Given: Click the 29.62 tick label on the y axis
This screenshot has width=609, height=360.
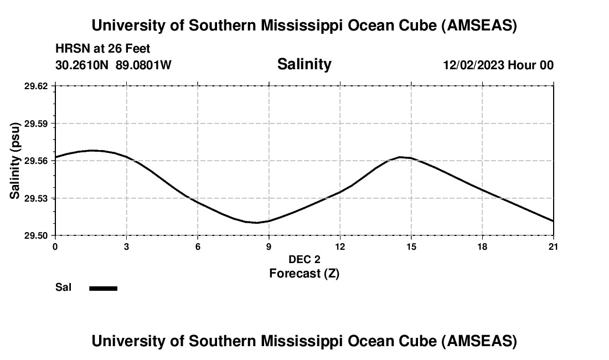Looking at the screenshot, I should [36, 86].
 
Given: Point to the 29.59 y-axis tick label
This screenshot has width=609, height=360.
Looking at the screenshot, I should [36, 124].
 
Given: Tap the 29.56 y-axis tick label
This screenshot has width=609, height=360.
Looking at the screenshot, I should [36, 161].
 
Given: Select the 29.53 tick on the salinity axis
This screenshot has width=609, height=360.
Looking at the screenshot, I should [36, 198].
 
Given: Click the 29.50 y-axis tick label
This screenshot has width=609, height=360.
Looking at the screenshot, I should [36, 236].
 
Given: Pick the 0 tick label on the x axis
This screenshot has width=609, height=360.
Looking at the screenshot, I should [55, 246].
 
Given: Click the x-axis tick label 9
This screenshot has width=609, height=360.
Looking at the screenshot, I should [269, 246].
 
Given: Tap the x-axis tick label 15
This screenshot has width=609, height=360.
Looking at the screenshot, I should [411, 246].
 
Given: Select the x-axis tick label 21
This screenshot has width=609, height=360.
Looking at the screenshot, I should [554, 246].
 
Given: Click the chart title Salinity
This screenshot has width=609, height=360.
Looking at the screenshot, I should [304, 64].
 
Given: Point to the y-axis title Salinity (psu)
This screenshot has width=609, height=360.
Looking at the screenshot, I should [15, 161].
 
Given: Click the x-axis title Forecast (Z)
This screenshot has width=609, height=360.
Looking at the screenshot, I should [304, 273].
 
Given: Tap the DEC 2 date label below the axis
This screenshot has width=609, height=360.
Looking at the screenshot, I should [304, 259].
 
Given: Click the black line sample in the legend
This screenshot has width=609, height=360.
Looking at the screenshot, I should [103, 288].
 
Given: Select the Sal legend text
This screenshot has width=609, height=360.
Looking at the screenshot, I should [63, 287].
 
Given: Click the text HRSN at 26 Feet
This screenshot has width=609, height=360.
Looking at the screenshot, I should [103, 49].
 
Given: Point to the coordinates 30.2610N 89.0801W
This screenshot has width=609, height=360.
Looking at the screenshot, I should [113, 65].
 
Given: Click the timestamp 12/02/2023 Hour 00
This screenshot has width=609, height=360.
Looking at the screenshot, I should [498, 65].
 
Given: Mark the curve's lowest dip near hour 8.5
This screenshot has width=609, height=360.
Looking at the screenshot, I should [256, 223].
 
